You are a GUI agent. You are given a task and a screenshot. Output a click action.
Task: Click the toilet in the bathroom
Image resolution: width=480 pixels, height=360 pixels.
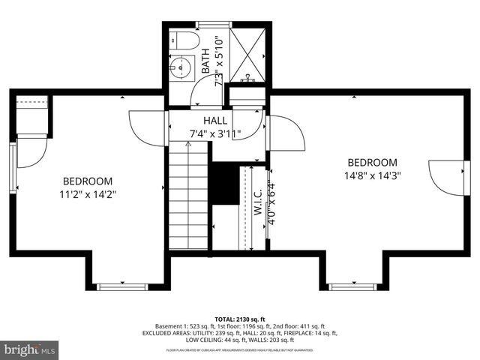point(184,40)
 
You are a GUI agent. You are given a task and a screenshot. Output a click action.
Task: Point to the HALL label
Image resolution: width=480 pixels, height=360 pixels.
point(215,121)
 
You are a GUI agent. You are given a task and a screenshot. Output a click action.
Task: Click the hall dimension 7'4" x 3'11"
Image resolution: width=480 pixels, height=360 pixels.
point(215,135)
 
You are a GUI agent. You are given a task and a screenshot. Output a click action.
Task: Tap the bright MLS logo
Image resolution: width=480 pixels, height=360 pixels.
point(30,349)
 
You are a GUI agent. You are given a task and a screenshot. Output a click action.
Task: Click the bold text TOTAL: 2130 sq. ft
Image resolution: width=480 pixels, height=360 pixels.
point(239,319)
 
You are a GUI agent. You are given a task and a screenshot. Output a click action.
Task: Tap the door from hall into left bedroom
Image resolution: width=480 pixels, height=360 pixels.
point(147,128)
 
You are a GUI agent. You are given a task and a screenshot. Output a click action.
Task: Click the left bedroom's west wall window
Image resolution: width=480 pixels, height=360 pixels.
point(13,168)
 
